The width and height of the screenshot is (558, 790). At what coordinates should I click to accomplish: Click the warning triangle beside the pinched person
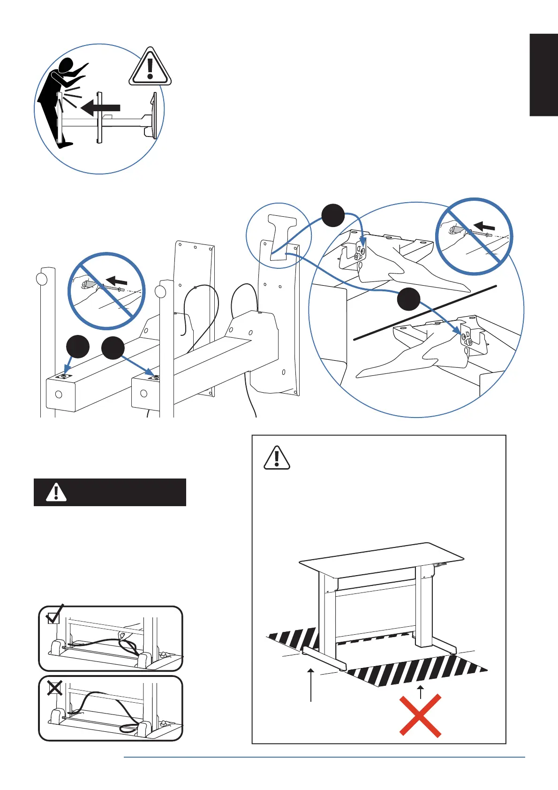pyautogui.click(x=150, y=68)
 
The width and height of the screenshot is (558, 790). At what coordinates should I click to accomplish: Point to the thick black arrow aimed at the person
pyautogui.click(x=100, y=107)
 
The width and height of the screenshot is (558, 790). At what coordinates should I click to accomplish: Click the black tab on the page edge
pyautogui.click(x=543, y=75)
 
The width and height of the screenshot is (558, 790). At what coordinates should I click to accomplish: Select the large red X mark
pyautogui.click(x=420, y=715)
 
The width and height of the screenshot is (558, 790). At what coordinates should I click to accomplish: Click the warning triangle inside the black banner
pyautogui.click(x=56, y=492)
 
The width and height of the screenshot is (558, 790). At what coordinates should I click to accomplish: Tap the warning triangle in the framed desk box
pyautogui.click(x=277, y=458)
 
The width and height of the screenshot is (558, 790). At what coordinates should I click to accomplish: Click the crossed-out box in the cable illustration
pyautogui.click(x=54, y=688)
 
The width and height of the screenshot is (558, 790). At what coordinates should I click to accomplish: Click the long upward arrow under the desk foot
pyautogui.click(x=311, y=685)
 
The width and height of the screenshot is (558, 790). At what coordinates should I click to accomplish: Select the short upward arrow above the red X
pyautogui.click(x=421, y=691)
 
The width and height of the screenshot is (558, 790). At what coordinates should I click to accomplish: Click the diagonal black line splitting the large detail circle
pyautogui.click(x=424, y=312)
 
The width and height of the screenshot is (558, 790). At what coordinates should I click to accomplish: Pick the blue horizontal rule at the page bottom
pyautogui.click(x=324, y=757)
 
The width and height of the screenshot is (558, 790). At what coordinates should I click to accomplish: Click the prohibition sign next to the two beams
pyautogui.click(x=107, y=291)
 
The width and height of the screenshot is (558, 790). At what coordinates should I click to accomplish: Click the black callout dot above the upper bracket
pyautogui.click(x=333, y=215)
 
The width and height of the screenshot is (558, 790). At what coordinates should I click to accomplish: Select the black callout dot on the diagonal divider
pyautogui.click(x=408, y=299)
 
